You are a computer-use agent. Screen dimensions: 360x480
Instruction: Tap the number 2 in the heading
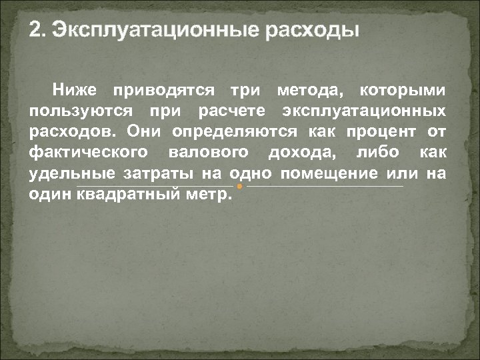pyautogui.click(x=36, y=31)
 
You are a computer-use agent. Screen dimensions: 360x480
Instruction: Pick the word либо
pyautogui.click(x=379, y=153)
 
